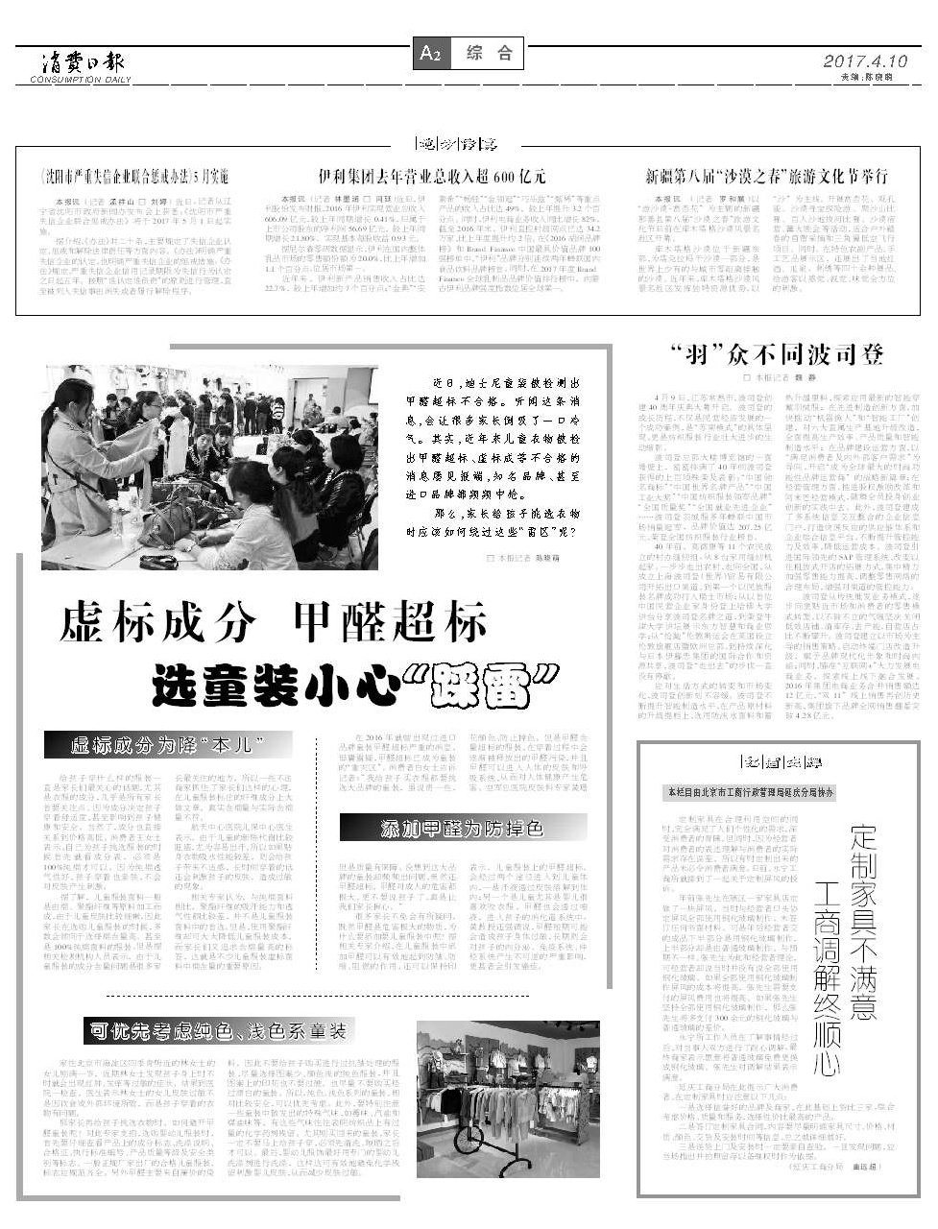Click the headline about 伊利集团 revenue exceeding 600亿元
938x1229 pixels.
[432, 177]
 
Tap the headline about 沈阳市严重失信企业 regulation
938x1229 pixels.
[132, 178]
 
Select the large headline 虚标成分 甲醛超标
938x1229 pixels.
[273, 622]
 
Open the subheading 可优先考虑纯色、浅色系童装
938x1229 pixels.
[218, 1031]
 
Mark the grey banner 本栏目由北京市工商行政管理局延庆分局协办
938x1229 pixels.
[749, 793]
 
